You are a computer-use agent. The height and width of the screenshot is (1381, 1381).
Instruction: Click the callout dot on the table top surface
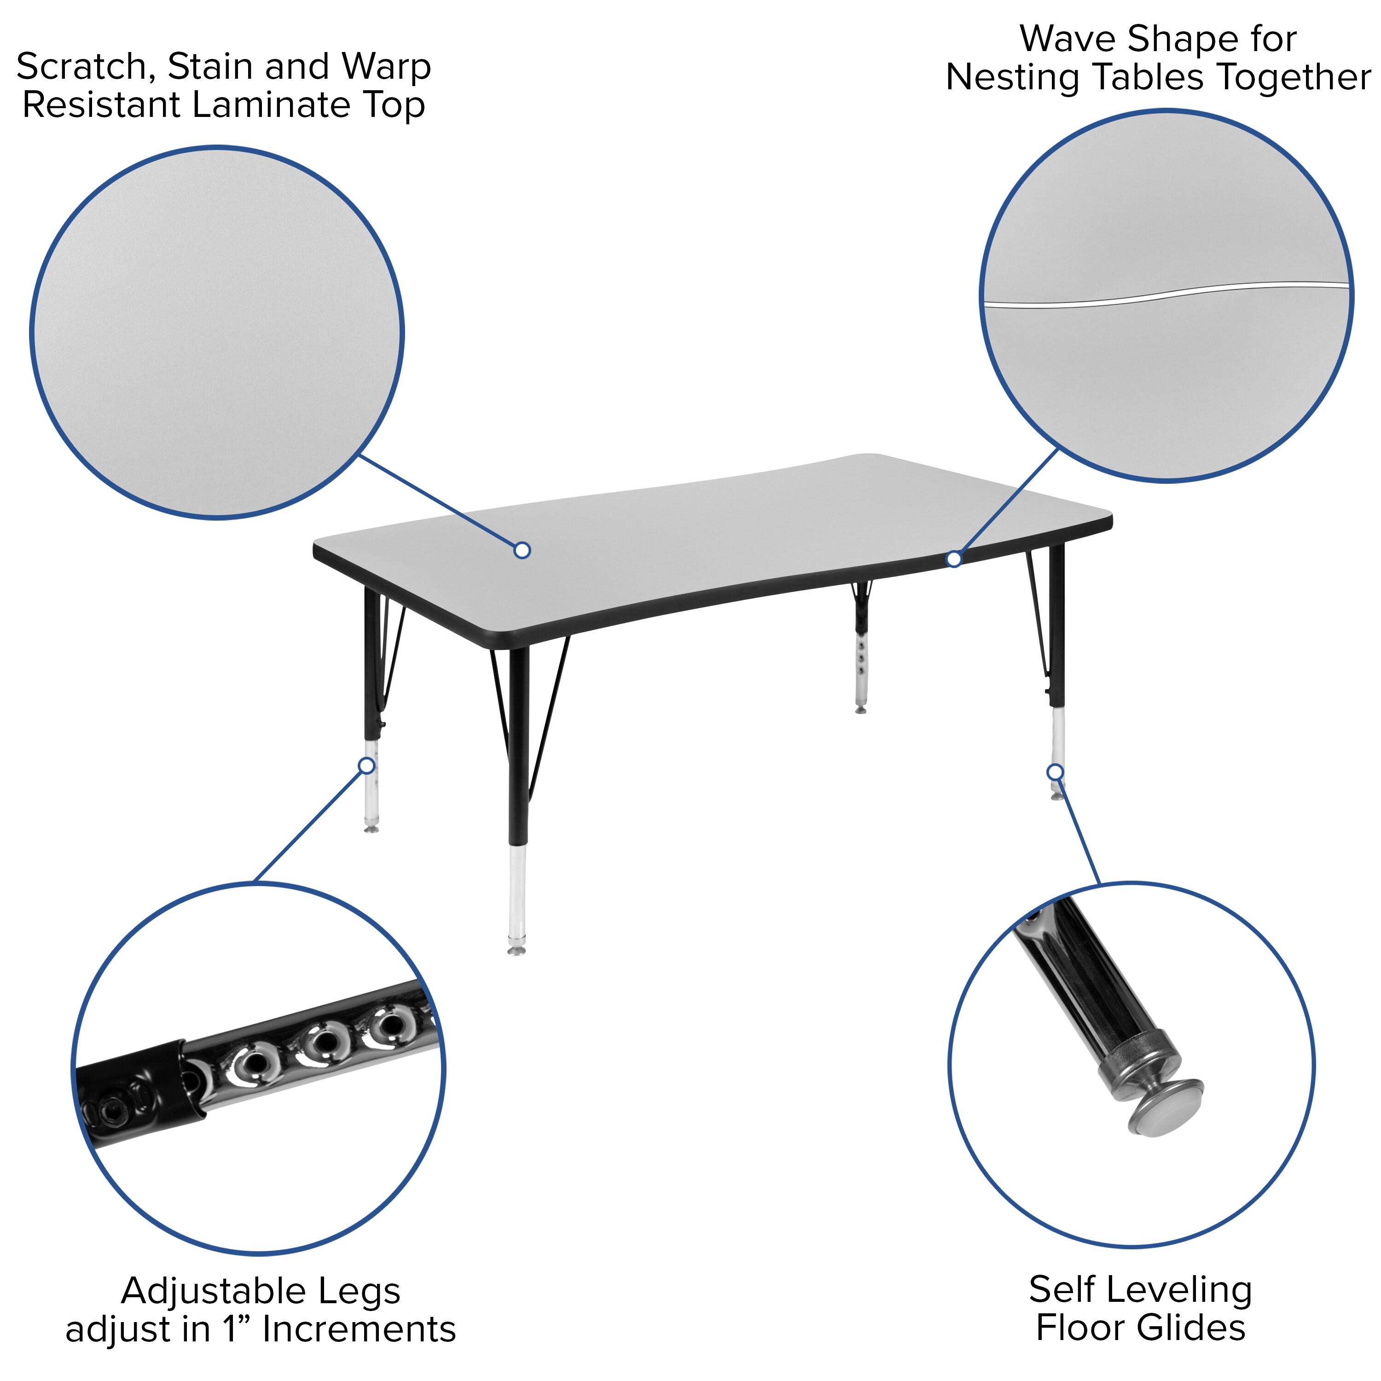click(x=522, y=550)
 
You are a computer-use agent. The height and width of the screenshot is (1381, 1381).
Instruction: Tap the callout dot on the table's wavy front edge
click(x=953, y=559)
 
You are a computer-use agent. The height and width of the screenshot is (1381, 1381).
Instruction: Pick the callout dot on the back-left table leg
click(x=366, y=766)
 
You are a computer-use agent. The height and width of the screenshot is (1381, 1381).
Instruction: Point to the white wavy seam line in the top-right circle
click(x=1165, y=294)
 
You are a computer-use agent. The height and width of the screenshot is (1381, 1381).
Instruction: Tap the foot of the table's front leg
click(x=516, y=950)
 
